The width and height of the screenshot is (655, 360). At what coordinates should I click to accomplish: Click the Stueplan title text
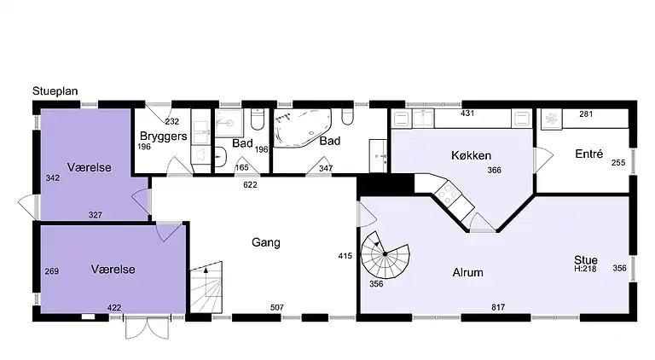[x=55, y=91]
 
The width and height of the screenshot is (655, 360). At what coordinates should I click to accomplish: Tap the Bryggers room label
[x=164, y=136]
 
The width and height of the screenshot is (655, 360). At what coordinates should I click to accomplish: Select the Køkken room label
[x=471, y=156]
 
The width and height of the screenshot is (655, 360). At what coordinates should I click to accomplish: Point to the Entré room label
[x=589, y=154]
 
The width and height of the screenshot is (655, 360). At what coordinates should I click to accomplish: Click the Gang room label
[x=266, y=242]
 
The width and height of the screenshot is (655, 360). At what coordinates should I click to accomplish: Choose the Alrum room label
[x=468, y=273]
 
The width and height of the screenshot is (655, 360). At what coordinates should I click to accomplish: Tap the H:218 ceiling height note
[x=585, y=269]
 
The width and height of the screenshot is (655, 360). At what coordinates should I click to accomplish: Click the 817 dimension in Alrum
[x=498, y=307]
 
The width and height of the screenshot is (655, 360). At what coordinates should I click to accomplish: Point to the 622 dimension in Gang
[x=250, y=184]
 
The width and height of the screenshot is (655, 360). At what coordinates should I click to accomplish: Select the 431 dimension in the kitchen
[x=467, y=113]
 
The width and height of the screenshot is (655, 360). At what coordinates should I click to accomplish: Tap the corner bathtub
[x=303, y=128]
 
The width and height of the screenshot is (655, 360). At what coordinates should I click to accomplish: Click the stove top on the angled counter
[x=448, y=194]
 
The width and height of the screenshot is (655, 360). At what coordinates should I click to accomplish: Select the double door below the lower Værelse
[x=148, y=328]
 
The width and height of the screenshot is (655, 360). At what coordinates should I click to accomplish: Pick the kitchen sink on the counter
[x=423, y=119]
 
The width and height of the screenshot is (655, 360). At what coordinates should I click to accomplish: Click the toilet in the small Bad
[x=257, y=119]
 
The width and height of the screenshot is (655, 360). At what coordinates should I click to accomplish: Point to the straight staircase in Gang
[x=206, y=287]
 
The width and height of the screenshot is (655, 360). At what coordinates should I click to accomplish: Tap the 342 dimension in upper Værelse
[x=53, y=178]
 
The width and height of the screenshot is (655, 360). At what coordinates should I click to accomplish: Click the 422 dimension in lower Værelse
[x=114, y=308]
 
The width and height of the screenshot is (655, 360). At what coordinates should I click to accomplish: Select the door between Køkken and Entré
[x=543, y=160]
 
